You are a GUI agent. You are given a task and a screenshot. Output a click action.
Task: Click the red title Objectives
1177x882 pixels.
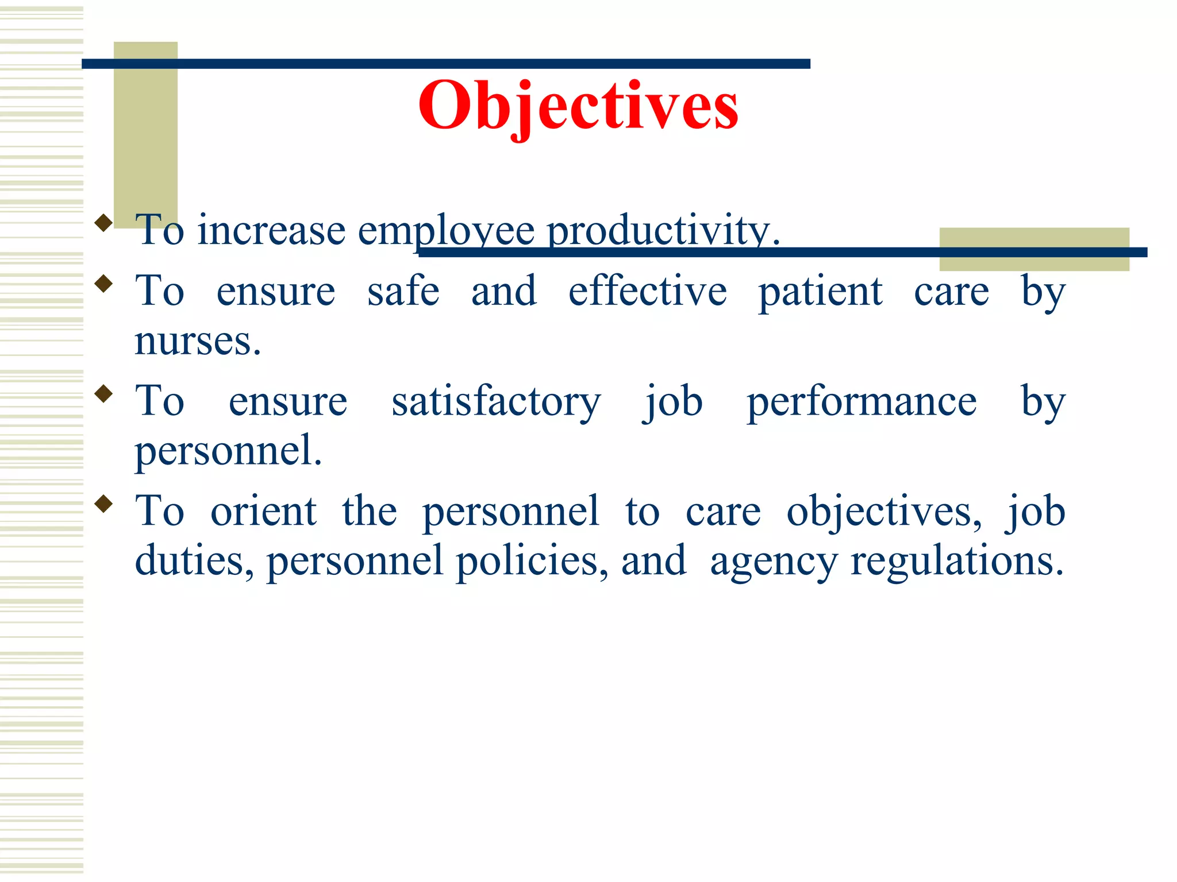[x=578, y=106]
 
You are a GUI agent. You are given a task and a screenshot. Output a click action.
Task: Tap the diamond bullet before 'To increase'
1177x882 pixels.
[x=103, y=223]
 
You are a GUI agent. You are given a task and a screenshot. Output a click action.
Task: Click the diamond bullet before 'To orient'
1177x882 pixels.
[x=103, y=504]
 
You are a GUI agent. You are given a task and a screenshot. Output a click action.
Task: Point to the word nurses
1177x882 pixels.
[x=198, y=341]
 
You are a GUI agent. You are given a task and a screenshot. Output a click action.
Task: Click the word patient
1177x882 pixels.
[x=820, y=292]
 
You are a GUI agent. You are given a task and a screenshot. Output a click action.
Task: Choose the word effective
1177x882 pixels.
[x=648, y=291]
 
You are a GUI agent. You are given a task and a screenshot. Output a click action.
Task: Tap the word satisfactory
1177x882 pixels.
[x=496, y=402]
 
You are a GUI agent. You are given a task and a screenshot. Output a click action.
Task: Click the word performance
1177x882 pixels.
[x=861, y=402]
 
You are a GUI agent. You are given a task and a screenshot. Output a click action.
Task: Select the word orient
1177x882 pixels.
[x=263, y=511]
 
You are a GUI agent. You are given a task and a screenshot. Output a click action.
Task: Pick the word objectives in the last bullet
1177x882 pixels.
[x=884, y=511]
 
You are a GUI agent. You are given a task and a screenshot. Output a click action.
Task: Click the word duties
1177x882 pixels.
[x=194, y=560]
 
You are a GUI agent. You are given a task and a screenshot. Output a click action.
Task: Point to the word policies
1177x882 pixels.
[x=532, y=560]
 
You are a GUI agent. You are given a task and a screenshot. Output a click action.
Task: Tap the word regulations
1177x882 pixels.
[x=957, y=562]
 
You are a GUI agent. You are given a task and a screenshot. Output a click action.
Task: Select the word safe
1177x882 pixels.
[x=403, y=291]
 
